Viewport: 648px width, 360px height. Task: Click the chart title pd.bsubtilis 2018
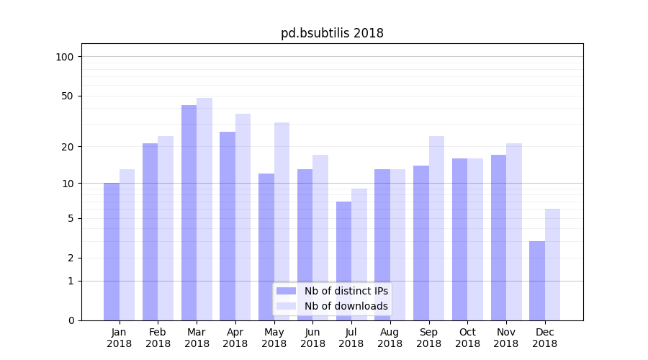coord(332,33)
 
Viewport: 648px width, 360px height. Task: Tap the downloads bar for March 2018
coord(204,209)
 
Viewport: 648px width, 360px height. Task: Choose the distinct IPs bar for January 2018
coord(112,251)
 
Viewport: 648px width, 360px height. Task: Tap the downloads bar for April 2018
coord(243,217)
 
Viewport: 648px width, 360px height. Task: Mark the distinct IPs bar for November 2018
coord(498,238)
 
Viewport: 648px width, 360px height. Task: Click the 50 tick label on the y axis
coord(68,96)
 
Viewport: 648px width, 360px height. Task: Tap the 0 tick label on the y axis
coord(71,320)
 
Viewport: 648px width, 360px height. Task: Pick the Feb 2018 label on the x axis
coord(158,338)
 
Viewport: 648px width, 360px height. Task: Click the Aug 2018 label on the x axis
coord(390,338)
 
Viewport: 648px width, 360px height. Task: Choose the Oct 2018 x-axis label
coord(467,338)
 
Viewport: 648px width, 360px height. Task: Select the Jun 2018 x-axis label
coord(312,338)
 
